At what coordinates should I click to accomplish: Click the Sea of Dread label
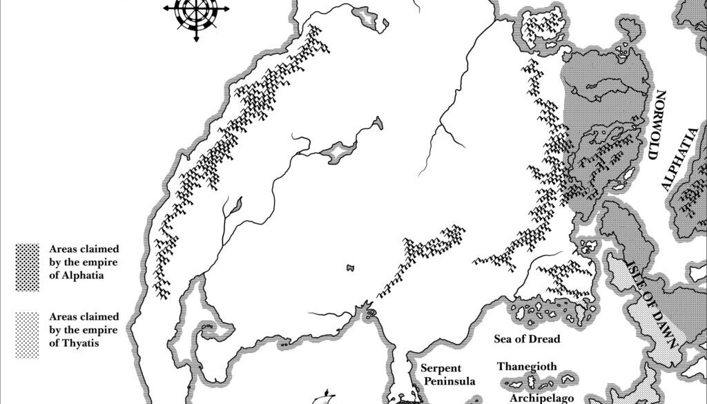tap(527, 339)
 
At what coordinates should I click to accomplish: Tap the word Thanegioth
tap(527, 367)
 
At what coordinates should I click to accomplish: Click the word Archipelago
tap(538, 398)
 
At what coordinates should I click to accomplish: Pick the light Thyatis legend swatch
tap(28, 334)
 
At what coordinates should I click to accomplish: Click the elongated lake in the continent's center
tap(338, 151)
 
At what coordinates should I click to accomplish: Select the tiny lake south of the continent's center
tap(349, 267)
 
